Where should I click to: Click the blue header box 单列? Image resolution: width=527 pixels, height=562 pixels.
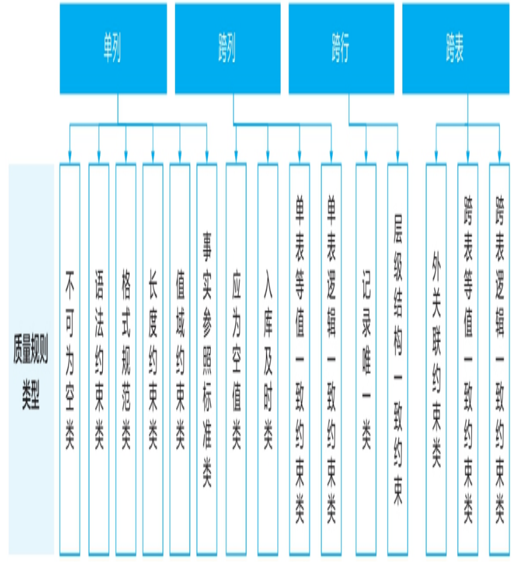pos(113,48)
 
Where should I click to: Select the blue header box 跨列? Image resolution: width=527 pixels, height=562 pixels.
pos(227,48)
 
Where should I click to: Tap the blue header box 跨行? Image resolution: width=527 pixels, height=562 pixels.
pos(342,48)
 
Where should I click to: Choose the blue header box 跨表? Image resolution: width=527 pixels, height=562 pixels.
pos(455,48)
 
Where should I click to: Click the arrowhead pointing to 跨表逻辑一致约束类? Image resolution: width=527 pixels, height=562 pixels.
pos(499,156)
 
